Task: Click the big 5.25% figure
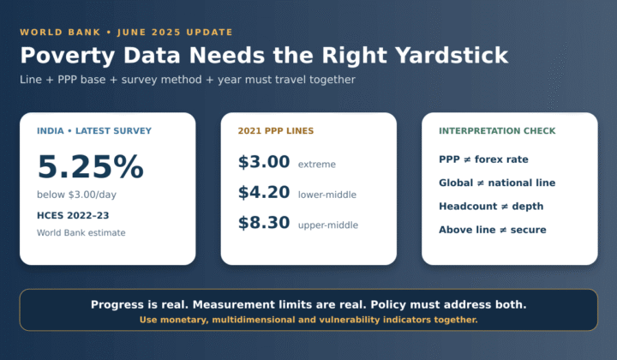coord(91,166)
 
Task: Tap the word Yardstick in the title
coord(452,55)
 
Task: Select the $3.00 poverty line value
coord(264,162)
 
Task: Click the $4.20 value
coord(264,192)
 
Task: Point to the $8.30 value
coord(264,222)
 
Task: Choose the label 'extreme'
coord(317,164)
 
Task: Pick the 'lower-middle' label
coord(327,195)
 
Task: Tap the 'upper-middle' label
coord(328,225)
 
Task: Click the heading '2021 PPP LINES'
coord(276,130)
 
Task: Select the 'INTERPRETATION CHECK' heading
coord(497,130)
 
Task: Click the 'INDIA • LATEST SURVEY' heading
coord(94,130)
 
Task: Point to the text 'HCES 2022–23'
coord(73,215)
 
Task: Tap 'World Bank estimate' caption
coord(81,232)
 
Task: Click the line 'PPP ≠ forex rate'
coord(483,159)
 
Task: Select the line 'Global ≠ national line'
coord(497,183)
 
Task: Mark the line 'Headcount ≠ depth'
coord(491,207)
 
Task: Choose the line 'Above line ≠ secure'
coord(493,230)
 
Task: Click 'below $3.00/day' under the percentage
coord(77,195)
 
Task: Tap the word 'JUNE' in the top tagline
coord(131,33)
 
